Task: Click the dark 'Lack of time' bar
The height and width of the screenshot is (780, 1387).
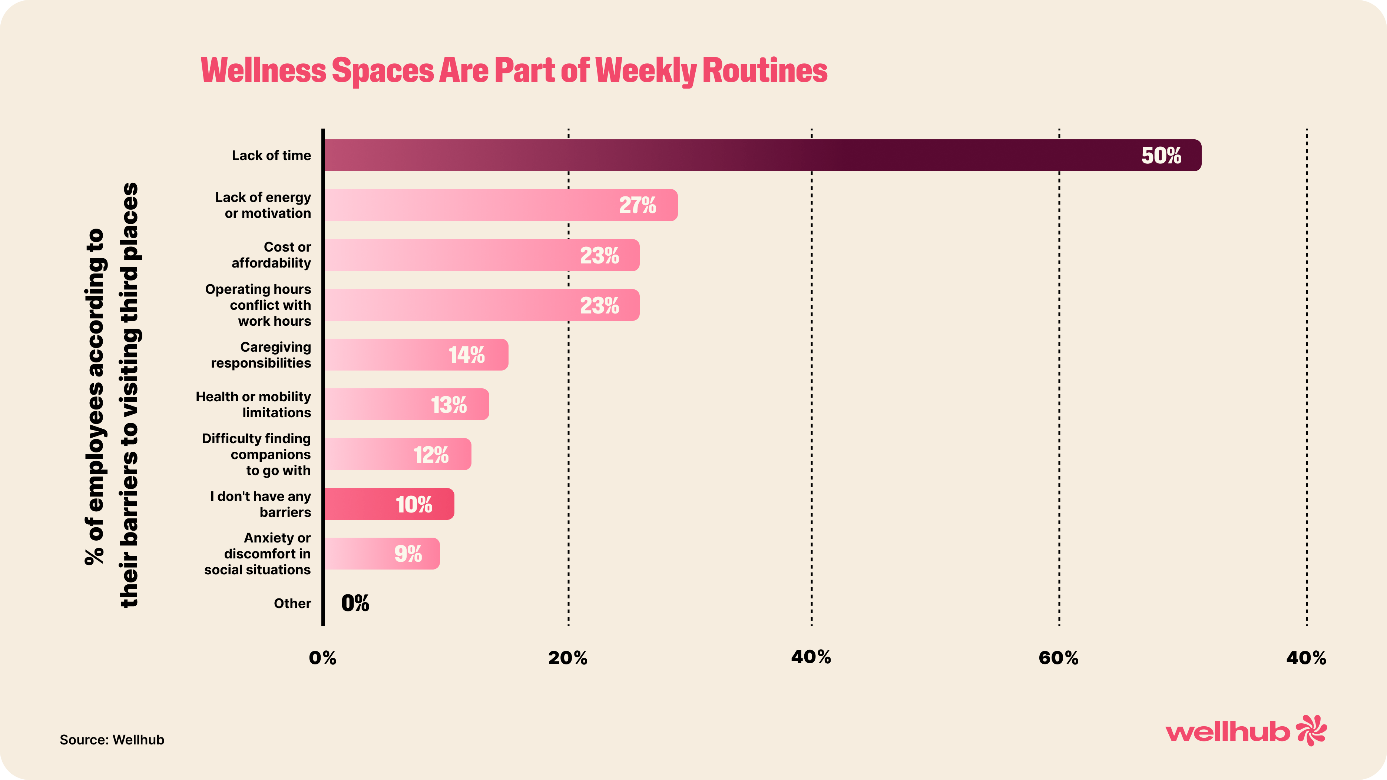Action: coord(754,156)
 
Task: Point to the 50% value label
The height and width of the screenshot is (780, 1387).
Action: coord(1161,156)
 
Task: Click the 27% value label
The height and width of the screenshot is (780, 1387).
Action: coord(638,205)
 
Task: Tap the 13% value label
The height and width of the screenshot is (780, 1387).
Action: coord(448,405)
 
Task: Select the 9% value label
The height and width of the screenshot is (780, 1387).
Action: coord(408,554)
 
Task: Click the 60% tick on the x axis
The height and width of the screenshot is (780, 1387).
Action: coord(1059,658)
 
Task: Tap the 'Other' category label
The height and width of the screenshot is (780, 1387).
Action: coord(292,604)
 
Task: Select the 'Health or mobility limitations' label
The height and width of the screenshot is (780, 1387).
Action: coord(254,405)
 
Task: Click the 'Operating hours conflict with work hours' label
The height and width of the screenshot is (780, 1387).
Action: coord(258,305)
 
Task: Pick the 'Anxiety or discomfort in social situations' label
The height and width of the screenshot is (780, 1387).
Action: coord(257,554)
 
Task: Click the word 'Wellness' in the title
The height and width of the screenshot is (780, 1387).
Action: coord(263,70)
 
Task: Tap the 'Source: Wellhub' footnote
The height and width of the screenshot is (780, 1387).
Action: coord(112,740)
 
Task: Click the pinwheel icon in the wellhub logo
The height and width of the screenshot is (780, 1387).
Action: coord(1311,730)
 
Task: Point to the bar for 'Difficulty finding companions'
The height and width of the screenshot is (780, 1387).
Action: coord(398,454)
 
